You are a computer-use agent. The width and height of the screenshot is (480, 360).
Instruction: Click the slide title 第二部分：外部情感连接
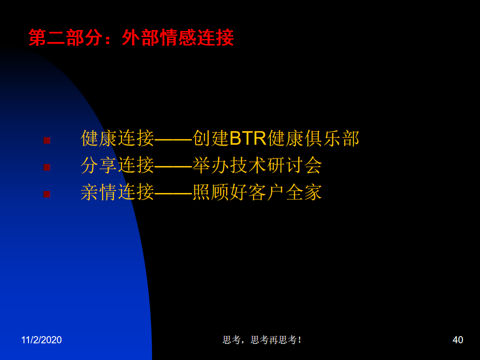[x=131, y=37]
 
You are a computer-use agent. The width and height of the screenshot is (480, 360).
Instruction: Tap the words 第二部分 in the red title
[x=65, y=37]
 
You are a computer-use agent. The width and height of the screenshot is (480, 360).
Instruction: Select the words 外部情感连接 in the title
[x=178, y=37]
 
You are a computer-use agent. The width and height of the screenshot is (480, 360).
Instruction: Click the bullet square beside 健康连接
[x=47, y=140]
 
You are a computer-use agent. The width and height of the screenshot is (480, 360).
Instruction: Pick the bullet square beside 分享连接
[x=47, y=167]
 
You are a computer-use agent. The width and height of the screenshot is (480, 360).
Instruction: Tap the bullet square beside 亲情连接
[x=47, y=194]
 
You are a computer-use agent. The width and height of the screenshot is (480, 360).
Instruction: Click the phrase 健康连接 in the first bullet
[x=117, y=138]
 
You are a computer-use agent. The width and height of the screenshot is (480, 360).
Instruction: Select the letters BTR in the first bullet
[x=248, y=138]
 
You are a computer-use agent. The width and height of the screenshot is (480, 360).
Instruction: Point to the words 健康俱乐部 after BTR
[x=313, y=138]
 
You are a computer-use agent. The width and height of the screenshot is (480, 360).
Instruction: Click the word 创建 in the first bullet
[x=210, y=138]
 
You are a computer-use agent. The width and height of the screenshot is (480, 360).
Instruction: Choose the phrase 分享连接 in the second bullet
[x=117, y=165]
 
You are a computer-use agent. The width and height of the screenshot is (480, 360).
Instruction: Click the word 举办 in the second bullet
[x=211, y=165]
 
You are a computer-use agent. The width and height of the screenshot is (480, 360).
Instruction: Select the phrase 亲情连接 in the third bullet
[x=117, y=192]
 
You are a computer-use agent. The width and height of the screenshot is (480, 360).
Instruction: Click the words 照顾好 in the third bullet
[x=220, y=192]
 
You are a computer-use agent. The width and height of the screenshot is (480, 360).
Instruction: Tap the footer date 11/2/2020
[x=41, y=340]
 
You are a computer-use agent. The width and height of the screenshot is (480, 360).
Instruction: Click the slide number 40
[x=457, y=340]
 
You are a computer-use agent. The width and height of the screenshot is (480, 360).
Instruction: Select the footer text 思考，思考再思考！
[x=262, y=340]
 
